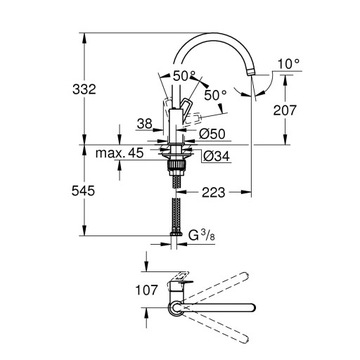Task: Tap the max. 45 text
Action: tap(123, 153)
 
